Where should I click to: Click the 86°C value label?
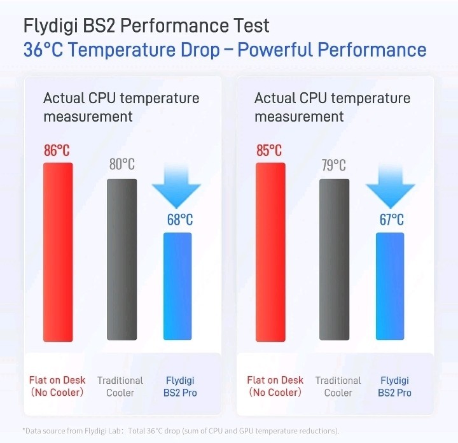pos(57,151)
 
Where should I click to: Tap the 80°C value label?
pos(121,165)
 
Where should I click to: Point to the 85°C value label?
pos(269,151)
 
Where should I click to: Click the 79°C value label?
pos(333,165)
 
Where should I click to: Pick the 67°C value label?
pos(391,220)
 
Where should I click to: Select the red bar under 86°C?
pos(58,251)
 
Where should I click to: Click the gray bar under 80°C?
pos(121,259)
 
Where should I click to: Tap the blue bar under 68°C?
pos(177,286)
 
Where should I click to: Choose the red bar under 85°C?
pos(270,251)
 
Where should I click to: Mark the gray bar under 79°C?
pos(334,259)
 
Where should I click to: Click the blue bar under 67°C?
pos(390,286)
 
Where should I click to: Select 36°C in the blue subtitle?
pos(45,50)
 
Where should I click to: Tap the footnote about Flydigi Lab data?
pos(181,430)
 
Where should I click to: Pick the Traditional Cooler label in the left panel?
pos(120,386)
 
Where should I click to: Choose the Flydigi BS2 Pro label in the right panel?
pos(394,386)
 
